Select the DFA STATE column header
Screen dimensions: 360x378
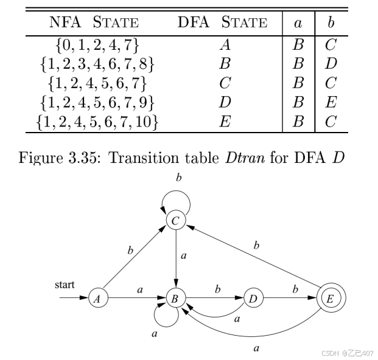click(x=222, y=24)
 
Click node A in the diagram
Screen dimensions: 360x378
click(x=96, y=298)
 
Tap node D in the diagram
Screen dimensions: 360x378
click(x=252, y=298)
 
